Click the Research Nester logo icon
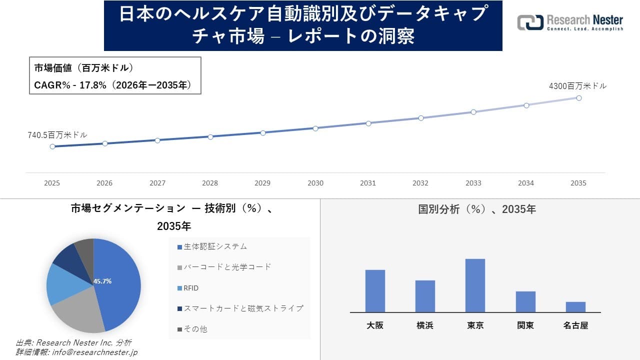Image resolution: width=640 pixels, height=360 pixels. (x=530, y=22)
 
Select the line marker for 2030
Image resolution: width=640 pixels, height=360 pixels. (x=315, y=128)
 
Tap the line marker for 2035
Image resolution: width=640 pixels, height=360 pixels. (x=578, y=98)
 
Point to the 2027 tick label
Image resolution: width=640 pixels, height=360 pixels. (x=157, y=183)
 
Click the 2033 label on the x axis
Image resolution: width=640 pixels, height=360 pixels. (x=473, y=183)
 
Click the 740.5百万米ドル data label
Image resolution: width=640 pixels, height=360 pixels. (x=57, y=135)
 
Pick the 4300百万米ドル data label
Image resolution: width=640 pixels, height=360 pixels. (x=577, y=86)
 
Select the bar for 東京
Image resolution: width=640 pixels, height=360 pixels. (x=475, y=285)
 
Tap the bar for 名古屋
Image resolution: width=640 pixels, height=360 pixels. (x=575, y=307)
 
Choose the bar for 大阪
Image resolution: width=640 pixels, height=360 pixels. (x=375, y=291)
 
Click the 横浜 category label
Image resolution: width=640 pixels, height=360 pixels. (x=425, y=325)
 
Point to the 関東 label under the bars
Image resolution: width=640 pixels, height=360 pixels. (x=525, y=325)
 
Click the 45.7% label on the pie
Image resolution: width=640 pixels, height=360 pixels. (x=102, y=281)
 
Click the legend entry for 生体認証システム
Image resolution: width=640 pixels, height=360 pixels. (x=212, y=246)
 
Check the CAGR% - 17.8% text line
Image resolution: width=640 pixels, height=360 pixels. (x=112, y=85)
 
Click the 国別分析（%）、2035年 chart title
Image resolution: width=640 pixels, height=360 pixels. (x=477, y=209)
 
